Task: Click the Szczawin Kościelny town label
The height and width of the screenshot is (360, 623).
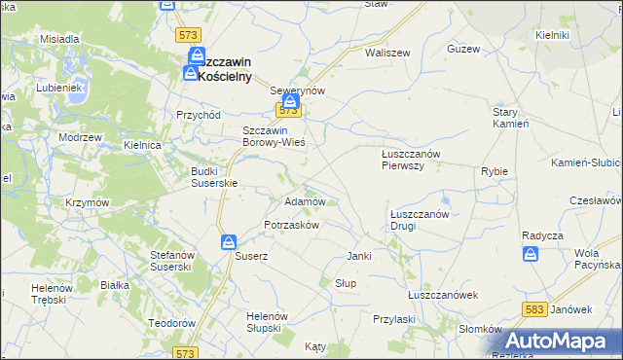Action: click(225, 68)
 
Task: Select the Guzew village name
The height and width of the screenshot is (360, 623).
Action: click(463, 48)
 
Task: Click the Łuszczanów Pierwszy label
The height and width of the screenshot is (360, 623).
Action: click(411, 159)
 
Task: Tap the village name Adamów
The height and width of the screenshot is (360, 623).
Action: click(303, 201)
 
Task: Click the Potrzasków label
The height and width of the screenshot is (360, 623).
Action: click(292, 225)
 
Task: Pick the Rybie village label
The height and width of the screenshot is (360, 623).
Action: click(495, 171)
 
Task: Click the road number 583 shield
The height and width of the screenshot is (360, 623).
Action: click(533, 308)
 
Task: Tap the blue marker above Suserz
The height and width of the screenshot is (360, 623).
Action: click(228, 241)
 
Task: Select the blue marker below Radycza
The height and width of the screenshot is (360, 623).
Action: click(531, 253)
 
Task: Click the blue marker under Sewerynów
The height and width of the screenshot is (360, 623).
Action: click(290, 100)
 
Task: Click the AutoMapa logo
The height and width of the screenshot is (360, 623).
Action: click(562, 342)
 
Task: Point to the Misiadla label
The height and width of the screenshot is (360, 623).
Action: click(59, 39)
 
